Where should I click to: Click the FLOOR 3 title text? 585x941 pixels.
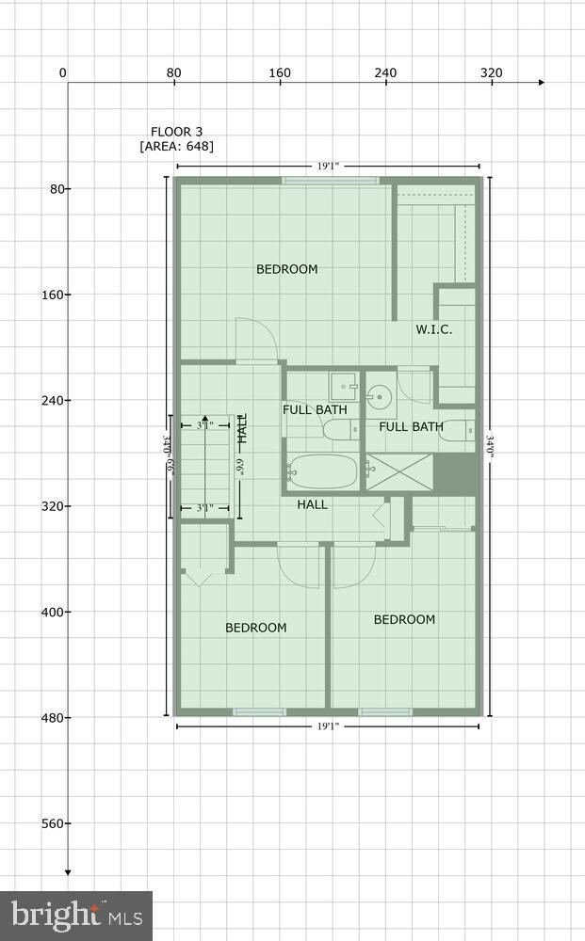coord(176,132)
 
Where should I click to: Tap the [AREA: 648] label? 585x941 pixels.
coord(176,147)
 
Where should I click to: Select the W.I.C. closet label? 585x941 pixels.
coord(434,329)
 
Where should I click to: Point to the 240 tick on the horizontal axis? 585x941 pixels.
coord(385,73)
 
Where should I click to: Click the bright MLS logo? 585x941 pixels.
coord(76,916)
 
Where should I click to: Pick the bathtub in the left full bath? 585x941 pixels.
coord(323,470)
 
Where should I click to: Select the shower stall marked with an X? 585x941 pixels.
coord(399,473)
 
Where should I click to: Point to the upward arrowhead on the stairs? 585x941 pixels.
coord(204,419)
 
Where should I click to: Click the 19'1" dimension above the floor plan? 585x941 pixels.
coord(328,167)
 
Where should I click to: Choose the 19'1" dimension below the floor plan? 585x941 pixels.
coord(328,726)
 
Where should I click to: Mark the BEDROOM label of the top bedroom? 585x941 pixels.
coord(287,269)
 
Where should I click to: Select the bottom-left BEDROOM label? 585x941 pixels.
coord(256,628)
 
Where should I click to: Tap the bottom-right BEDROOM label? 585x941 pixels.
coord(404,619)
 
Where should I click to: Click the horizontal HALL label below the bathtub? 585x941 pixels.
coord(313,504)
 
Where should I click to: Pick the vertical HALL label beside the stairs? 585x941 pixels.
coord(242,429)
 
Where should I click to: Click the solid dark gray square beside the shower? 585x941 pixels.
coord(456,473)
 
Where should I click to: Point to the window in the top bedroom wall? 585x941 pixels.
coord(331,181)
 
